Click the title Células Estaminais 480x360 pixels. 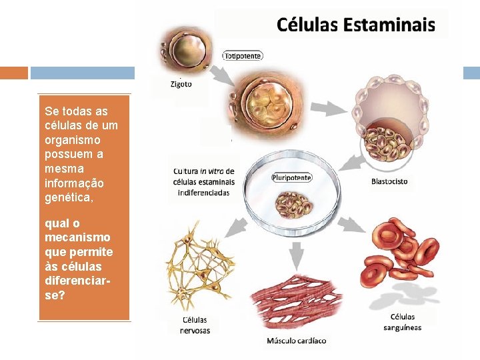pos(355,25)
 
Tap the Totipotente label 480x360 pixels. pos(243,56)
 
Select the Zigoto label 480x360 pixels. pos(181,84)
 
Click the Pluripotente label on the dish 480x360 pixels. pos(292,177)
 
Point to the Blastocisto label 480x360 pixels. pos(389,181)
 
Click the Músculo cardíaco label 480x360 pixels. pos(297,341)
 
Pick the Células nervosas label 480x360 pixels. pos(195,325)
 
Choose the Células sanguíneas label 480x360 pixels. pos(402,322)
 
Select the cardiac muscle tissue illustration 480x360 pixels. pos(296,303)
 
